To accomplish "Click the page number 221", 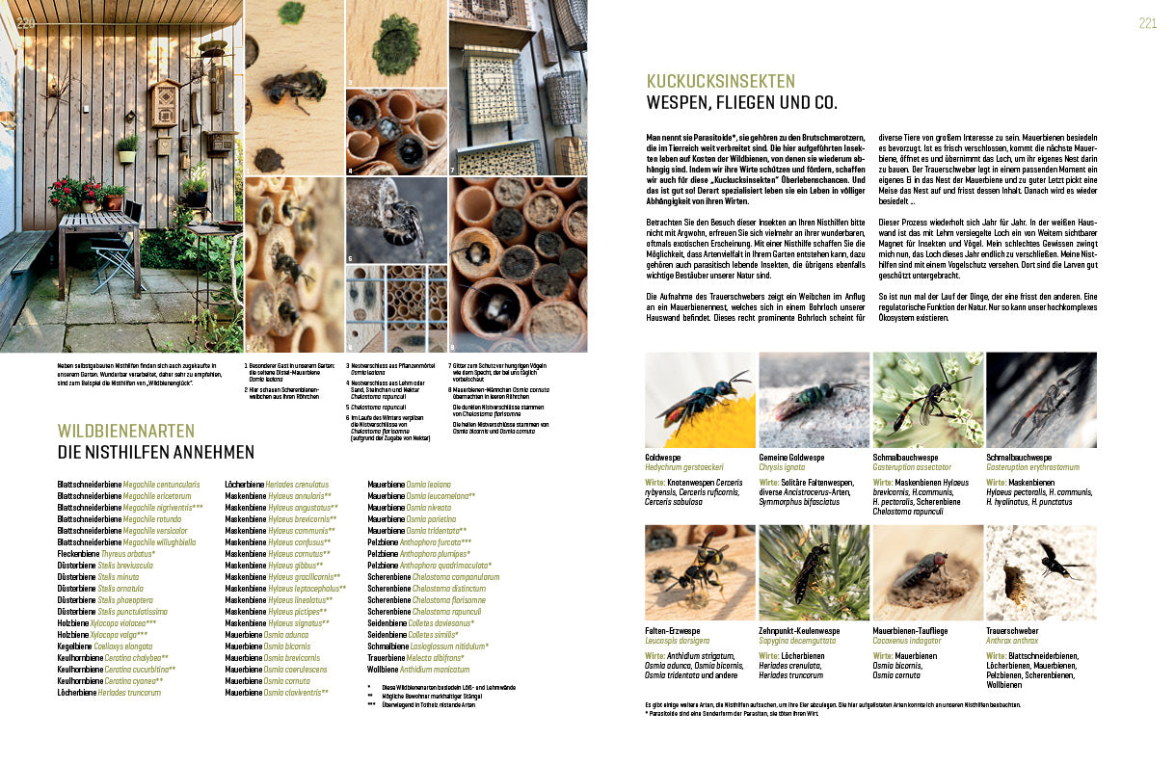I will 1146,24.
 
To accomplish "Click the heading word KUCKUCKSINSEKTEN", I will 720,82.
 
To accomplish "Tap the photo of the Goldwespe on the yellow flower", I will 699,400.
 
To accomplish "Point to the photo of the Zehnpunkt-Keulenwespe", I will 814,572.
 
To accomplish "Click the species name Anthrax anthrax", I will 1011,641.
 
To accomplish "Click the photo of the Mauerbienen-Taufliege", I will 927,572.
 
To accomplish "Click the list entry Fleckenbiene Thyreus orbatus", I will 106,554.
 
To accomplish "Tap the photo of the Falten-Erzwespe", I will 699,572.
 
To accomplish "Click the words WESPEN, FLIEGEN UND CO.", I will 741,103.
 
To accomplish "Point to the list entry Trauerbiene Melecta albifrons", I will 415,657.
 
